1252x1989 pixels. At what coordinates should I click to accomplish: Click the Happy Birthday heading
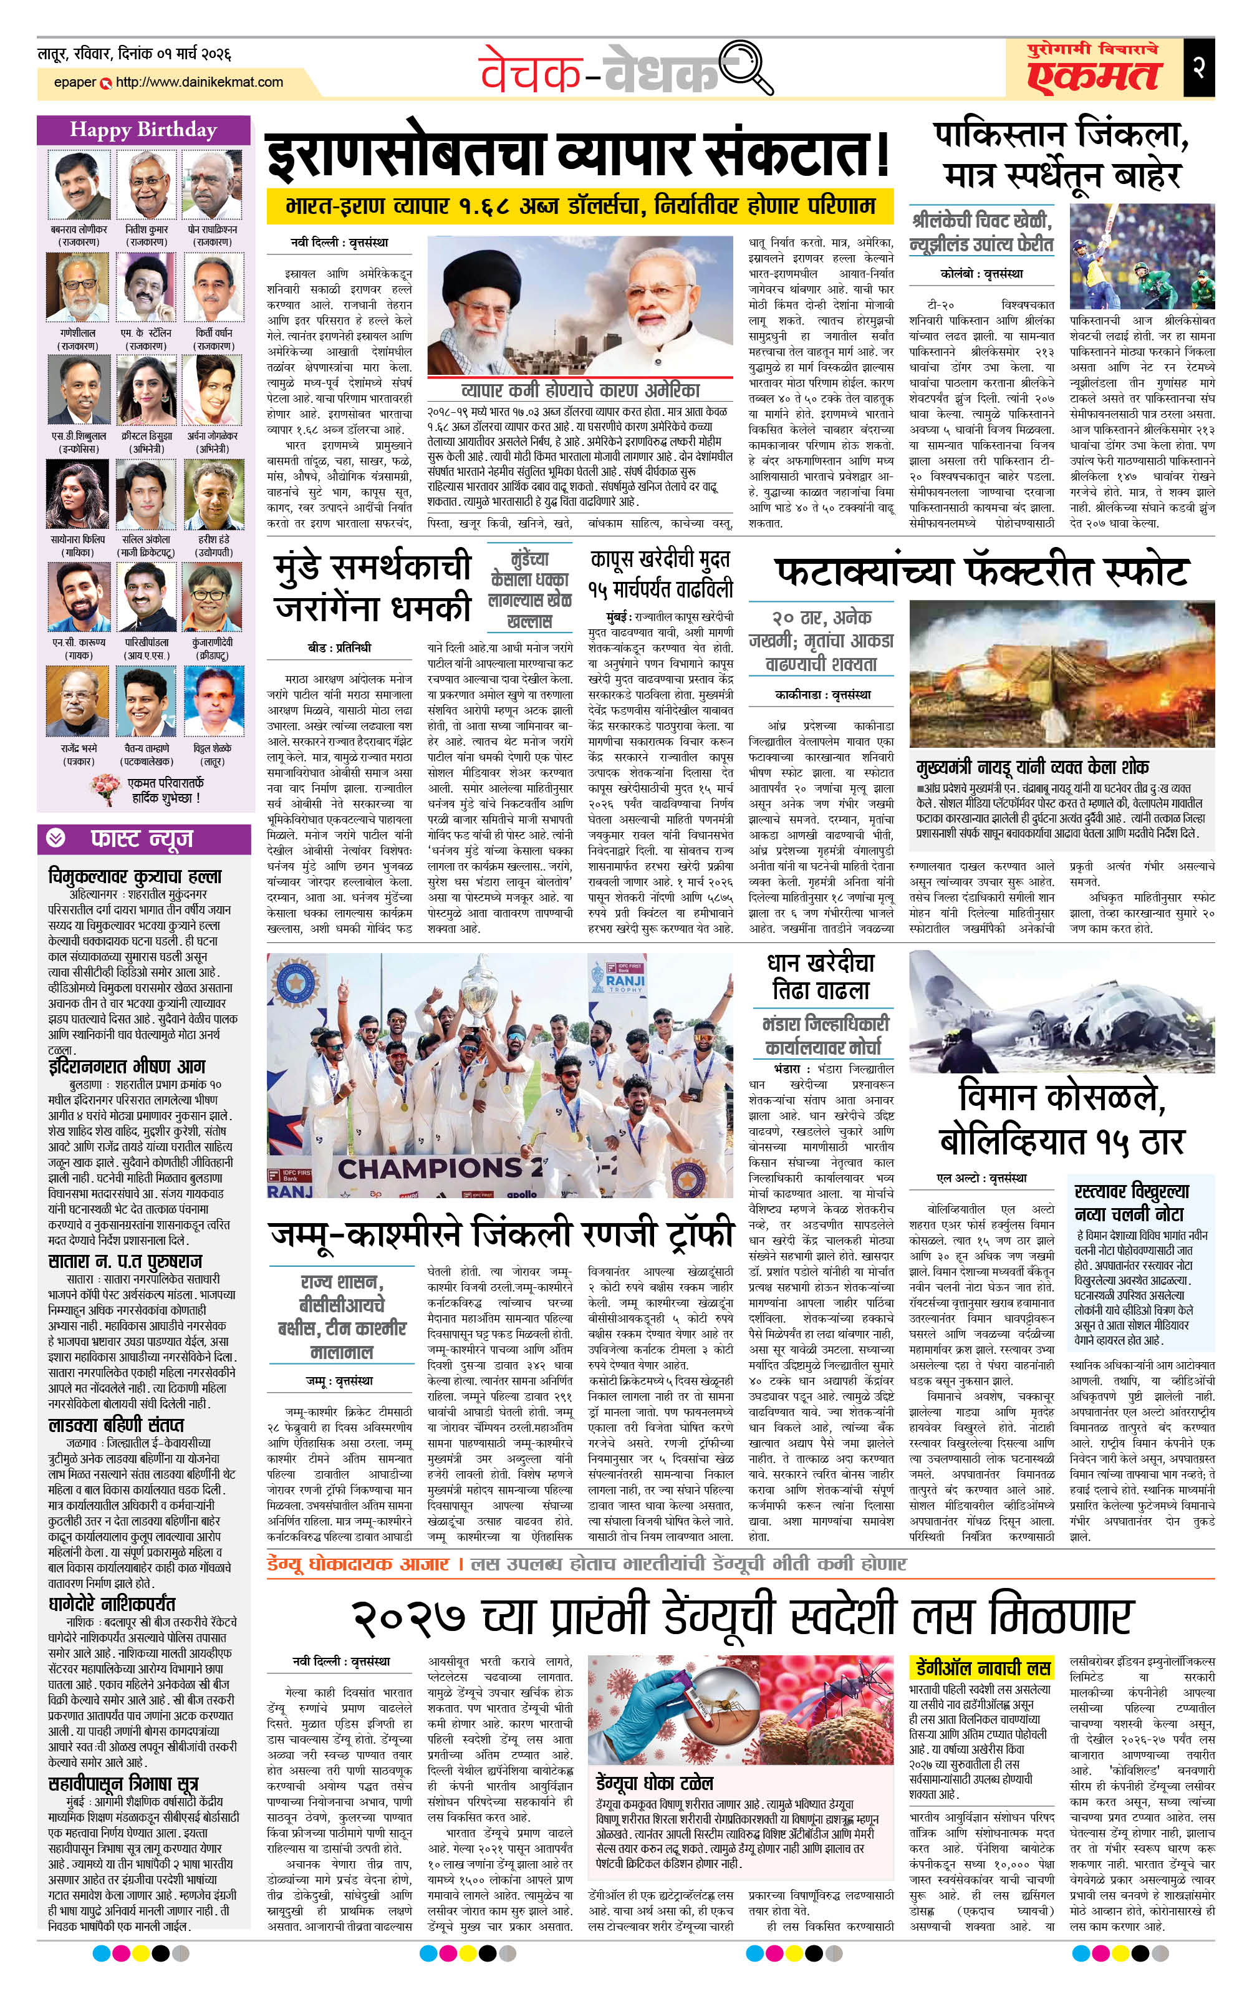pos(143,130)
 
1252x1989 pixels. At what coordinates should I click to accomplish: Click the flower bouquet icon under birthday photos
pos(107,788)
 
